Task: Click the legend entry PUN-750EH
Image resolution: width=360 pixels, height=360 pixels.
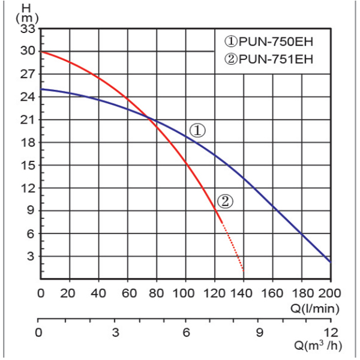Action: [x=269, y=42]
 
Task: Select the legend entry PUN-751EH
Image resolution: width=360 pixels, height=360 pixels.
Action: [x=269, y=59]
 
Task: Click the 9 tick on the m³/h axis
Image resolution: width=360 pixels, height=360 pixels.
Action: [x=259, y=332]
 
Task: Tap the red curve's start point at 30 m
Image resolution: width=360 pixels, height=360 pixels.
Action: [x=41, y=52]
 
